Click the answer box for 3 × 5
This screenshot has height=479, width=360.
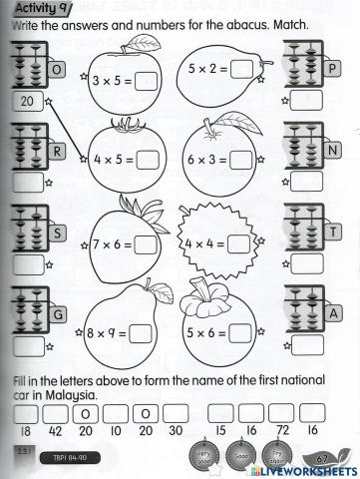146,82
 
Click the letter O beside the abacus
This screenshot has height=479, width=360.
56,70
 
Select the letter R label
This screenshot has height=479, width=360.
57,152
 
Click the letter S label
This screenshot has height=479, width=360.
57,234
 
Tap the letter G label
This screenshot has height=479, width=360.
57,314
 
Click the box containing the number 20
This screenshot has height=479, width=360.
26,102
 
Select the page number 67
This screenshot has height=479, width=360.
321,458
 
